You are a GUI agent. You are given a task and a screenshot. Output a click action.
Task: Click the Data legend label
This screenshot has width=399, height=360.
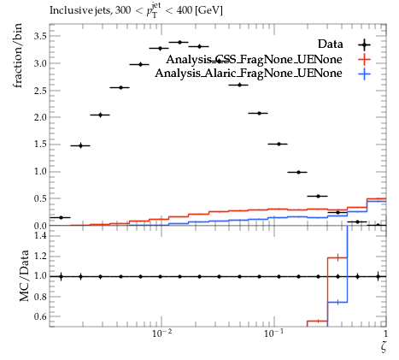pyautogui.click(x=330, y=44)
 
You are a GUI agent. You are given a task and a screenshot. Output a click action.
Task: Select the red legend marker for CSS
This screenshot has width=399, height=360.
pyautogui.click(x=365, y=60)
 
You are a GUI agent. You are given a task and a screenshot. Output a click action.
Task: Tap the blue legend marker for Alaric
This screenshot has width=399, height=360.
pyautogui.click(x=365, y=74)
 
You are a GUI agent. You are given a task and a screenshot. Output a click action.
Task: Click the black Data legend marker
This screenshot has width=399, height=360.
pyautogui.click(x=365, y=44)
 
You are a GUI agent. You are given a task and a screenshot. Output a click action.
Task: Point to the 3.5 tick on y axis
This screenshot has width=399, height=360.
pyautogui.click(x=40, y=36)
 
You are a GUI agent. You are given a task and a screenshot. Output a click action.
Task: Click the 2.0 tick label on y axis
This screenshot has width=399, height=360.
pyautogui.click(x=40, y=117)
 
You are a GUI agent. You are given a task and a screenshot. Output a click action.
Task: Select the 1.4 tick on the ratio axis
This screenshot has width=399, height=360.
pyautogui.click(x=40, y=235)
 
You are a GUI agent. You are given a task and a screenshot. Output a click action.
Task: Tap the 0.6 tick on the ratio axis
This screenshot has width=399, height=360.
pyautogui.click(x=40, y=316)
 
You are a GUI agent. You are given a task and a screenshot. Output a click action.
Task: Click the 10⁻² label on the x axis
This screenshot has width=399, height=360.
pyautogui.click(x=161, y=333)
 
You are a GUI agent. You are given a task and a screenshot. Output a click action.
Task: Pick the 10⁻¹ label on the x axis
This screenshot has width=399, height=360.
pyautogui.click(x=274, y=333)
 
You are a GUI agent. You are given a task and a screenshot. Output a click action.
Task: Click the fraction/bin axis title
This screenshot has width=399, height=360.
pyautogui.click(x=17, y=56)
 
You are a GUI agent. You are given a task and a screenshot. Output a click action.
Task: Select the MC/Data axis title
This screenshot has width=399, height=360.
pyautogui.click(x=24, y=275)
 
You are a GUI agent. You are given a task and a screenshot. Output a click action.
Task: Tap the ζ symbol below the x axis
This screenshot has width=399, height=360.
pyautogui.click(x=384, y=347)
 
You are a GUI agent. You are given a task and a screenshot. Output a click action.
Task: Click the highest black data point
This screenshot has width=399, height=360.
pyautogui.click(x=179, y=42)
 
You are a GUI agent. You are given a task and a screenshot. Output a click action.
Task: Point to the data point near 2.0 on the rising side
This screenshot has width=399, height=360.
pyautogui.click(x=100, y=115)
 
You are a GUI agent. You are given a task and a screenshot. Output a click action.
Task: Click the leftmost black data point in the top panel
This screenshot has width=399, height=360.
pyautogui.click(x=61, y=217)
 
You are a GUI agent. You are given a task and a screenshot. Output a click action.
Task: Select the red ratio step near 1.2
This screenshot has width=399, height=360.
pyautogui.click(x=337, y=257)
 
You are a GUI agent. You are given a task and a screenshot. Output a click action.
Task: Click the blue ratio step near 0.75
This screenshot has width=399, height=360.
pyautogui.click(x=337, y=302)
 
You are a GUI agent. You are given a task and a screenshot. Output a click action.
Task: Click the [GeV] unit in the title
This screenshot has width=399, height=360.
pyautogui.click(x=208, y=10)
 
